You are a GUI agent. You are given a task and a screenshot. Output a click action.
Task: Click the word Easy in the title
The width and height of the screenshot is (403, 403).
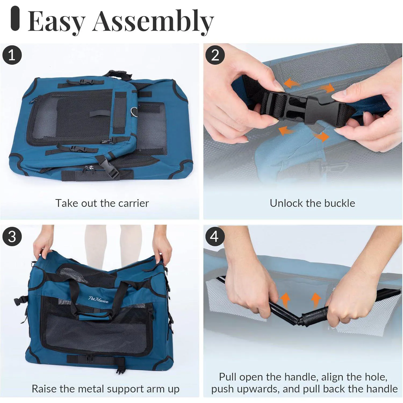point(57,22)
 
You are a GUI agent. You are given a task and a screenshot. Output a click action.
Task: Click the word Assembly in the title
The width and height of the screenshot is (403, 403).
point(153,22)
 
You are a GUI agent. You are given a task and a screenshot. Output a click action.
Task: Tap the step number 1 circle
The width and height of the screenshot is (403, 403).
point(12,55)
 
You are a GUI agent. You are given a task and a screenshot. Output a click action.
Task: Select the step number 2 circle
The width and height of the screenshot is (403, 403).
point(215,55)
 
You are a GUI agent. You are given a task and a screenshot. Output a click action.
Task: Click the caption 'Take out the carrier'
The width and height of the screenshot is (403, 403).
point(102,203)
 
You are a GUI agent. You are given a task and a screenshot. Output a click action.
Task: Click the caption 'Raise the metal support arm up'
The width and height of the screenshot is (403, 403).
point(106,389)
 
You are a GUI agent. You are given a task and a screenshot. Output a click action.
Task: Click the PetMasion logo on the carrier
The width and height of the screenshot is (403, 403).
point(99,299)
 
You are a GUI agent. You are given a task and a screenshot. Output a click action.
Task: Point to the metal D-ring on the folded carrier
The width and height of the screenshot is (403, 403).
point(135,110)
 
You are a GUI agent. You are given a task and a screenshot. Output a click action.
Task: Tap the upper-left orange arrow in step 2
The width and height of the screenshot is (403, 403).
point(292,83)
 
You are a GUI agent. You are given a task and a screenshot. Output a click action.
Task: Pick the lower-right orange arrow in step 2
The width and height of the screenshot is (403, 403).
point(321,136)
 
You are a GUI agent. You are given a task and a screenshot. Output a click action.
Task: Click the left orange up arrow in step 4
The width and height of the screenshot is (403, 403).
point(285,300)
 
